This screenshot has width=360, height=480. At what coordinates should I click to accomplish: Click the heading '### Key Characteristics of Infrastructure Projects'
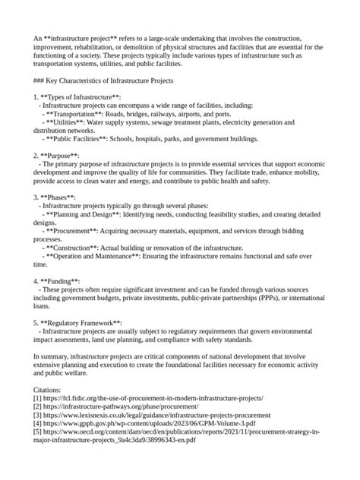click(104, 80)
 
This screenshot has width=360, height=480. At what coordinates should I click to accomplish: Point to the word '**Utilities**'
click(71, 122)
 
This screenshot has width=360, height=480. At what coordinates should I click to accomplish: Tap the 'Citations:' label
click(50, 389)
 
